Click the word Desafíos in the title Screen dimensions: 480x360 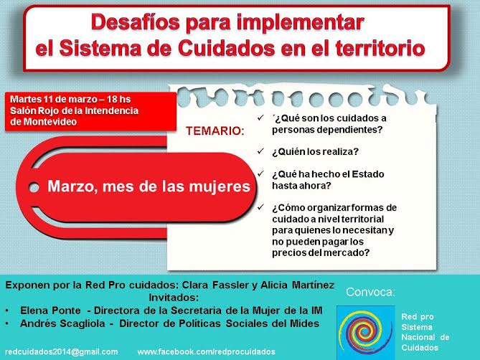136,22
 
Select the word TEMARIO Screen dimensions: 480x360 215,131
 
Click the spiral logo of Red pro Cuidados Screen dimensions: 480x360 365,332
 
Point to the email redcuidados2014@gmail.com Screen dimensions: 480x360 62,351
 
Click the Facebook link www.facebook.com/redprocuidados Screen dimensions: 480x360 207,351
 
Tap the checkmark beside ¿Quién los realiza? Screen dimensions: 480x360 260,151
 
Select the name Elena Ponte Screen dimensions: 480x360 50,311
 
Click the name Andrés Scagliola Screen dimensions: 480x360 62,323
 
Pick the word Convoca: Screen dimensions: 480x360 370,292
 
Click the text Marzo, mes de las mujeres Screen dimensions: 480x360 149,186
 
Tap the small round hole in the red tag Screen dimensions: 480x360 34,187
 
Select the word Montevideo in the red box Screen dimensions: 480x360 50,122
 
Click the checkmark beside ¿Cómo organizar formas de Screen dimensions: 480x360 260,207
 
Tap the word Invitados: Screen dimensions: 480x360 174,298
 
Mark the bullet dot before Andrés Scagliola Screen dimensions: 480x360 7,323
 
